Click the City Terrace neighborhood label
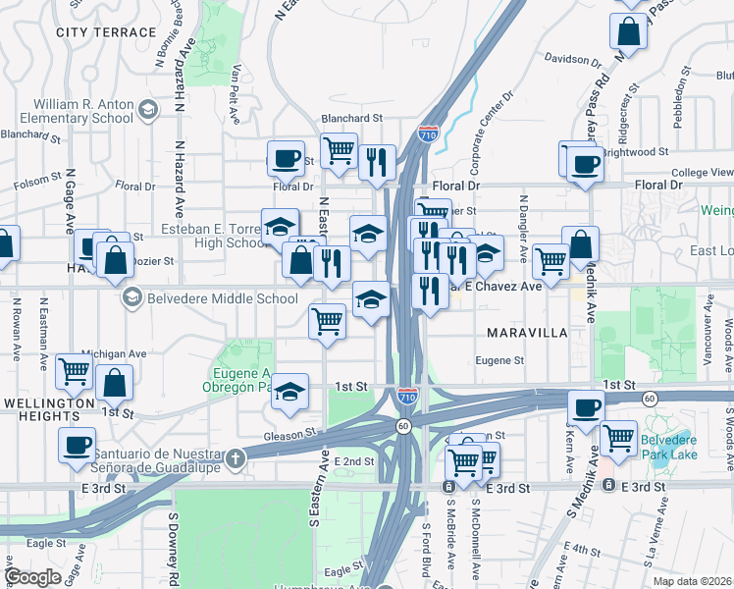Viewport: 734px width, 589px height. pyautogui.click(x=107, y=32)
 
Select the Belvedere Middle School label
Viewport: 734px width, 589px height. pyautogui.click(x=222, y=298)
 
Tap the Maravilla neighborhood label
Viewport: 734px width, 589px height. pyautogui.click(x=527, y=333)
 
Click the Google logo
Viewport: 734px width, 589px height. pyautogui.click(x=32, y=577)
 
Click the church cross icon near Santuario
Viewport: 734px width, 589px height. pyautogui.click(x=235, y=457)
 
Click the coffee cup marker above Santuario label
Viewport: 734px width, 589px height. pyautogui.click(x=77, y=446)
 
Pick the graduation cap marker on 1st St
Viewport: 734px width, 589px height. pyautogui.click(x=289, y=393)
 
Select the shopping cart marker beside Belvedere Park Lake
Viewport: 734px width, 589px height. pyautogui.click(x=618, y=438)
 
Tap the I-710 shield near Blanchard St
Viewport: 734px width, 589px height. pyautogui.click(x=428, y=134)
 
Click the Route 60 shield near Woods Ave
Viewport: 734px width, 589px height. pyautogui.click(x=650, y=398)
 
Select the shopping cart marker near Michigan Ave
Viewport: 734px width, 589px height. pyautogui.click(x=75, y=371)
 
